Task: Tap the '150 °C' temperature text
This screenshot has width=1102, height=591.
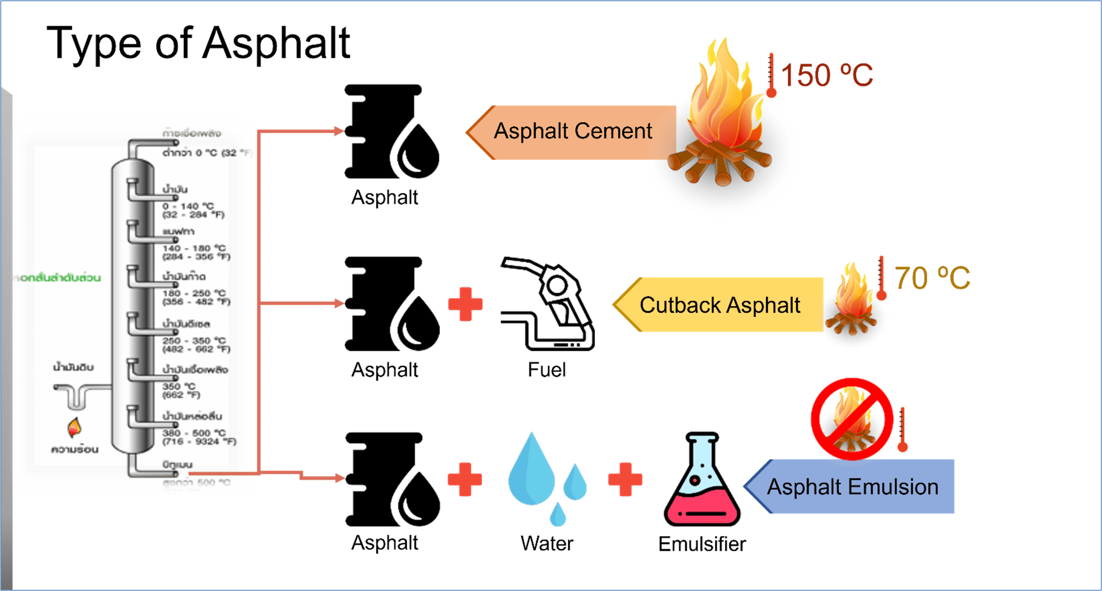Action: (x=826, y=75)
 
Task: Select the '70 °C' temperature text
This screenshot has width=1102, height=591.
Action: (x=932, y=278)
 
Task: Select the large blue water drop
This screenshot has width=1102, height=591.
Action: (x=531, y=471)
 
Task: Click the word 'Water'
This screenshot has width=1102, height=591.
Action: (x=546, y=543)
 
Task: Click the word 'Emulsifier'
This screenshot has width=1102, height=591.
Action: (x=702, y=544)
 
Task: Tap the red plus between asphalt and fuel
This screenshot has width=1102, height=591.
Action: (x=465, y=304)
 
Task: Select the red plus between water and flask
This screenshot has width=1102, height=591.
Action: (x=625, y=479)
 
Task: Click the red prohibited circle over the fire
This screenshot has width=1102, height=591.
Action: (x=851, y=419)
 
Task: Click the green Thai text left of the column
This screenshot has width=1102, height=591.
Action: (x=57, y=278)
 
